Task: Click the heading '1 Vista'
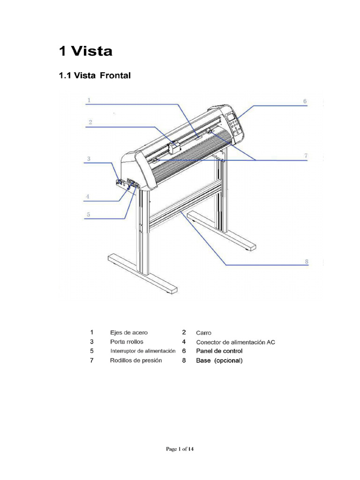coord(86,51)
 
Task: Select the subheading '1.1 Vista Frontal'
coord(94,75)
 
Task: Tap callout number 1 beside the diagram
coord(89,100)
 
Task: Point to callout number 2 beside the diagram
coord(90,122)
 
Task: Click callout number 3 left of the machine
coord(89,159)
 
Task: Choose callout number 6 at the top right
coord(305,101)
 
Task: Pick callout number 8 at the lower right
coord(307,262)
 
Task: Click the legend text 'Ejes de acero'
coord(129,333)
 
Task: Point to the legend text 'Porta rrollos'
coord(127,342)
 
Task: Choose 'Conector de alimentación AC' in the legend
coord(235,342)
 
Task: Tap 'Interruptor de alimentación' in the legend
coord(143,351)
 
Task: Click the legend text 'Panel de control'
coord(219,351)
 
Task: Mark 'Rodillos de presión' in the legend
coord(136,360)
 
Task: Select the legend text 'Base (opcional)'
coord(219,360)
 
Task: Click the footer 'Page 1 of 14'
coord(180,449)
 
